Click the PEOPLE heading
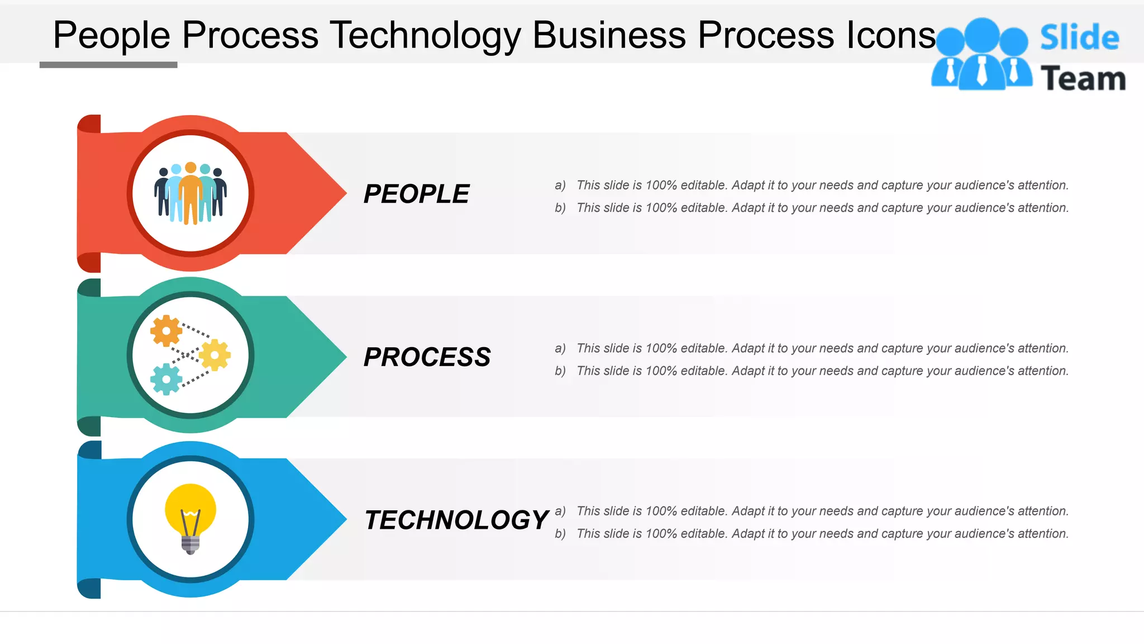pyautogui.click(x=416, y=194)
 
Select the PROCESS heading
pyautogui.click(x=427, y=357)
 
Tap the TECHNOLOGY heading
pyautogui.click(x=456, y=520)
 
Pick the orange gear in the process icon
pyautogui.click(x=166, y=330)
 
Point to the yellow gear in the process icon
pyautogui.click(x=214, y=355)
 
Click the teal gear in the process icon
pyautogui.click(x=166, y=379)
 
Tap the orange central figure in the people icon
pyautogui.click(x=190, y=193)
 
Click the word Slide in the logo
pyautogui.click(x=1079, y=38)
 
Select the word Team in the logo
pyautogui.click(x=1083, y=78)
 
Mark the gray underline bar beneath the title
pyautogui.click(x=108, y=65)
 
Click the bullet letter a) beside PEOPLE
pyautogui.click(x=560, y=185)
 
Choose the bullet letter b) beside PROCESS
pyautogui.click(x=560, y=371)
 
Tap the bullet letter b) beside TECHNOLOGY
pyautogui.click(x=560, y=534)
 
